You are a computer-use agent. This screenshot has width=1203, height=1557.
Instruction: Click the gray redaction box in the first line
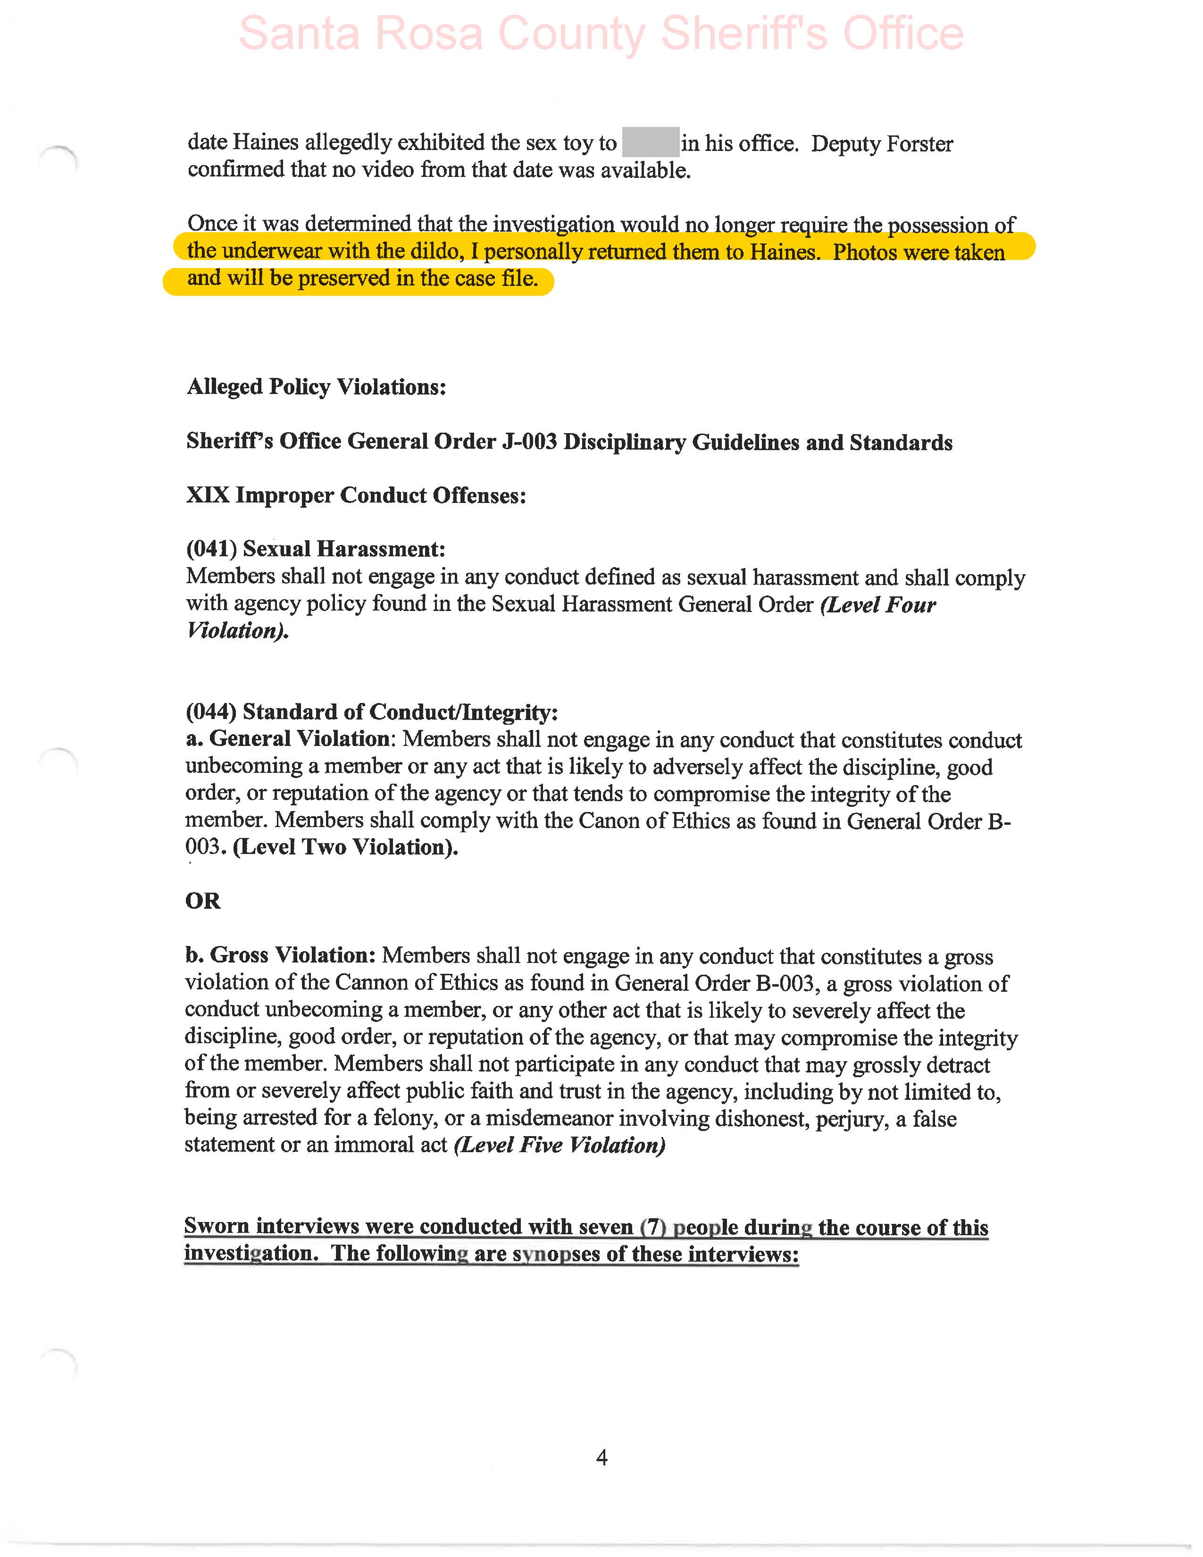[x=650, y=142]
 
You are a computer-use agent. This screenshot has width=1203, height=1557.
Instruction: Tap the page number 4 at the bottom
[x=601, y=1458]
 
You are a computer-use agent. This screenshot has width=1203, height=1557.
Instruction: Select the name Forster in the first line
[x=919, y=144]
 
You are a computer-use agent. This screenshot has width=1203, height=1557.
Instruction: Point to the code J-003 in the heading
[x=529, y=442]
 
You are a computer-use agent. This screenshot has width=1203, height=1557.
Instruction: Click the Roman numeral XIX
[x=208, y=495]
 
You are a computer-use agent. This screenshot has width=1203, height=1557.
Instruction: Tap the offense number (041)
[x=211, y=549]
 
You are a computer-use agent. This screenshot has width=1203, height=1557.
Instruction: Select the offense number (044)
[x=211, y=712]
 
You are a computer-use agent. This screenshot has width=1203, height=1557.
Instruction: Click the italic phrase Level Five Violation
[x=560, y=1146]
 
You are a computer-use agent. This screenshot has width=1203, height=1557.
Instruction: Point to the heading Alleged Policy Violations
[x=317, y=387]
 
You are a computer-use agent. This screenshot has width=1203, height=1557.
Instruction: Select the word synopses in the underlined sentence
[x=556, y=1254]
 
